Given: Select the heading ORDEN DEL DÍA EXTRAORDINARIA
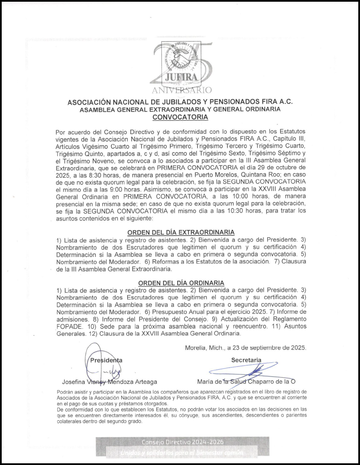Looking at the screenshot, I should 181,232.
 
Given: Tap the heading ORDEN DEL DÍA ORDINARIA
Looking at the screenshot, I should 181,283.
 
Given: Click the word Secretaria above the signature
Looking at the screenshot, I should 246,360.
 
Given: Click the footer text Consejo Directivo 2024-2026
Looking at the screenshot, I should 182,441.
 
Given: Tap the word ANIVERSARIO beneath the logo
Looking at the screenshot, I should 182,90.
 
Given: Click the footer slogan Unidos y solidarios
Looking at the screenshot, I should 182,451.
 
